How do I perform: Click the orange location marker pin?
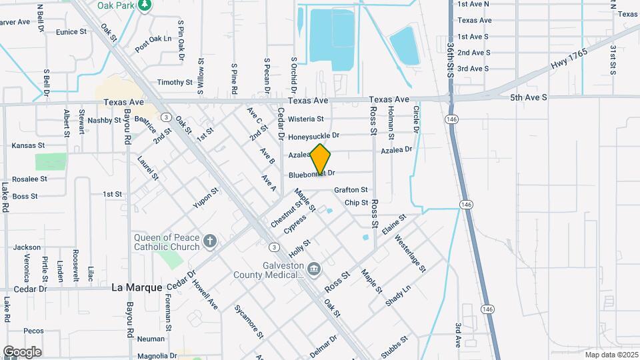(321, 159)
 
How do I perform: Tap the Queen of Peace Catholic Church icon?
(210, 241)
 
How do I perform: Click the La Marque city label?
(136, 287)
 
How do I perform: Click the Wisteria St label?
(306, 119)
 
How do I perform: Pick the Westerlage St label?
(410, 253)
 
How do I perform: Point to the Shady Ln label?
(398, 295)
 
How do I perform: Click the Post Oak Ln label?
(153, 43)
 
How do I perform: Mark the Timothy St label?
(175, 82)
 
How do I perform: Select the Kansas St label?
(28, 145)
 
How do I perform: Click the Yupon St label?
(205, 198)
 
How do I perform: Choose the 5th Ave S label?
(528, 97)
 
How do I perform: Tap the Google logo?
(22, 352)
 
